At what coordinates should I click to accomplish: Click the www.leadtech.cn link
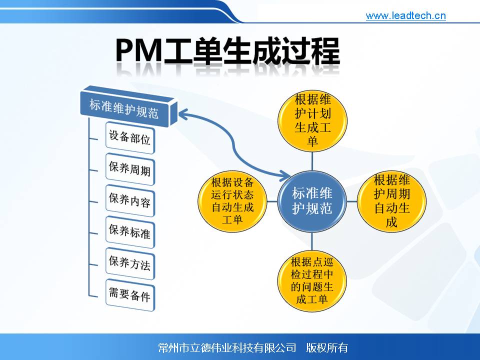405,15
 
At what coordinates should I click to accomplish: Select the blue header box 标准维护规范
128,106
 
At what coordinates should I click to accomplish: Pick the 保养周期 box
130,169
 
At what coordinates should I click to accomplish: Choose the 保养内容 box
130,200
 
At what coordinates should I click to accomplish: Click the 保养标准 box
130,232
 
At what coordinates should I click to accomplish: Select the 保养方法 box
130,263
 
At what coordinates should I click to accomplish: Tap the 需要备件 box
130,295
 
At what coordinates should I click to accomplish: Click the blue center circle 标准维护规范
312,201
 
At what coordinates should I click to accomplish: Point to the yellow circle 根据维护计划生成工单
312,121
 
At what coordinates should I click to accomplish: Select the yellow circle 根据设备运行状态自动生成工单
232,201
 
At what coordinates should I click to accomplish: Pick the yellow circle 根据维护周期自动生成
392,201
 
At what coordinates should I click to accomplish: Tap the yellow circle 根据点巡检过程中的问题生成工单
312,281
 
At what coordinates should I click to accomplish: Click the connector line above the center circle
312,161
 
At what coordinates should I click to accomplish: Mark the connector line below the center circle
312,241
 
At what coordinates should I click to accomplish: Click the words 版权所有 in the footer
327,348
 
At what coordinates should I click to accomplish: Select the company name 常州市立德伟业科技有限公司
227,348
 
